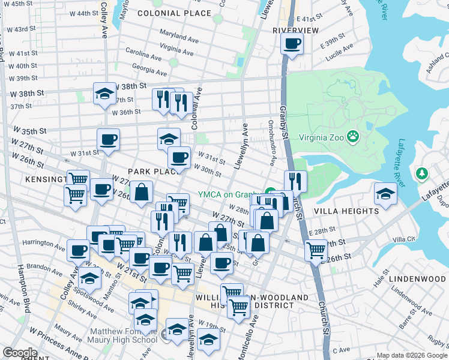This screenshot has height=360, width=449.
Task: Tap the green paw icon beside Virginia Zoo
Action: (x=354, y=137)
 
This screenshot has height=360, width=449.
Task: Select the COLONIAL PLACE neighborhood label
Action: (x=174, y=13)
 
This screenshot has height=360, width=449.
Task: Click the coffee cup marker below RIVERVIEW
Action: (x=292, y=44)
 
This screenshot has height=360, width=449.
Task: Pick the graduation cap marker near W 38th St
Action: (x=104, y=94)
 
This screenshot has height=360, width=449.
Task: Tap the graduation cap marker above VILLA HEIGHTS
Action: (x=385, y=193)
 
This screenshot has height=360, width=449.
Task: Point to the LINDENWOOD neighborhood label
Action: (x=417, y=280)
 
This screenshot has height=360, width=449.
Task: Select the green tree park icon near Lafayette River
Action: (x=422, y=174)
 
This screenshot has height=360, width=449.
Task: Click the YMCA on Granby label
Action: (x=231, y=194)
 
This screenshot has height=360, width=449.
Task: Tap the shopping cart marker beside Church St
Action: (x=316, y=250)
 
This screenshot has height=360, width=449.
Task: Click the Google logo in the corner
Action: (x=20, y=353)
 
